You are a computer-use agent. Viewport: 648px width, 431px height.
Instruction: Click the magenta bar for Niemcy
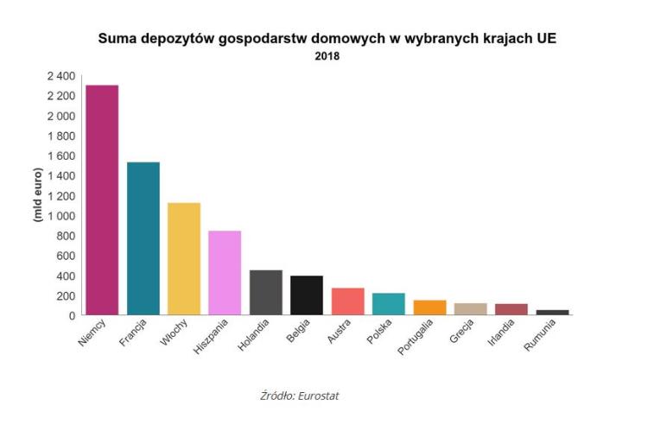(x=102, y=200)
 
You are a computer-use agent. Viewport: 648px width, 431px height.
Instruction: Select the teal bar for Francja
(x=143, y=238)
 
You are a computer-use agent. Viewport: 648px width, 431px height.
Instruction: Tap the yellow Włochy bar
(x=184, y=259)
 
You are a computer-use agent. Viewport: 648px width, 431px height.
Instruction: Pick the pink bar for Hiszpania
(x=225, y=273)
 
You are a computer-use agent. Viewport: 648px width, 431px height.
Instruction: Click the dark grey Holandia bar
(x=266, y=293)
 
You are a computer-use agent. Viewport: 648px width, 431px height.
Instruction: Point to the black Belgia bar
(x=307, y=295)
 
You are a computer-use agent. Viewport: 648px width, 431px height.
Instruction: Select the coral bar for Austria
(x=347, y=301)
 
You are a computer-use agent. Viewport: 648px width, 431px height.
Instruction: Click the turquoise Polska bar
(x=389, y=304)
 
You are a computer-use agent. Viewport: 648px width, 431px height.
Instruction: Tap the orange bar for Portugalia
(x=429, y=307)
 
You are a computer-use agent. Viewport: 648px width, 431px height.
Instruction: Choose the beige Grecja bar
(x=470, y=309)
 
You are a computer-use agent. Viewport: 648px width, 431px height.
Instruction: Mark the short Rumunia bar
(x=552, y=313)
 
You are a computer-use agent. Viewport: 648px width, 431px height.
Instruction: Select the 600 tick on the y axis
(x=67, y=256)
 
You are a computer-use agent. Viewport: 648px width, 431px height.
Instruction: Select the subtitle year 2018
(x=327, y=57)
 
